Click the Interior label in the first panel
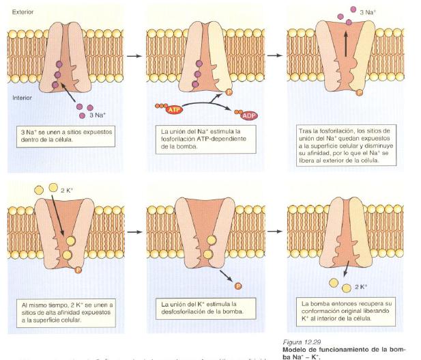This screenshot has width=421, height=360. pos(23,97)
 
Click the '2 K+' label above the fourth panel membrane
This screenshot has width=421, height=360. pos(68,189)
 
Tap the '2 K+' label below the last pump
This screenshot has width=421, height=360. pos(360,286)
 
